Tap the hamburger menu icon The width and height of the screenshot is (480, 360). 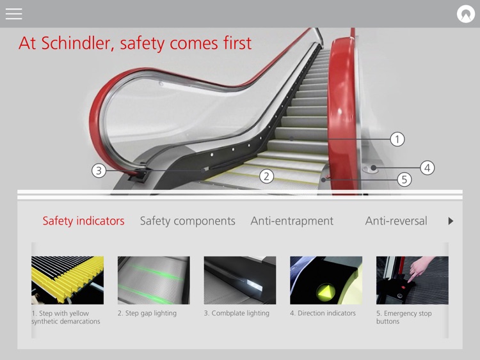(x=13, y=13)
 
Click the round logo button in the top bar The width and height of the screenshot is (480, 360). (x=465, y=13)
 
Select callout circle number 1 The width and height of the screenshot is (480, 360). (x=397, y=139)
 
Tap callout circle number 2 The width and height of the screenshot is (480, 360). (x=267, y=176)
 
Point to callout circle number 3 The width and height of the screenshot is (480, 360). (x=98, y=171)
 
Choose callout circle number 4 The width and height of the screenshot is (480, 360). (x=427, y=168)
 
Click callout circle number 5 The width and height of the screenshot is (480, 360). (x=404, y=180)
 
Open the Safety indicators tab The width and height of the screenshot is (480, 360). (x=83, y=221)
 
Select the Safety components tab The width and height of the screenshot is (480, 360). (x=188, y=221)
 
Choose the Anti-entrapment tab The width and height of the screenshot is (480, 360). (x=292, y=221)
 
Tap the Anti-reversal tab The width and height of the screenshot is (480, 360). (x=396, y=221)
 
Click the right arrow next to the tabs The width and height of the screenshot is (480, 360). (x=451, y=221)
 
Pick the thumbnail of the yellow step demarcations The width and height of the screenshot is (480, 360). (x=67, y=280)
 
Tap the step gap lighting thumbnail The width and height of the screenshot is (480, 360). (x=154, y=280)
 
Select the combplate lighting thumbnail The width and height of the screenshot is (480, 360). (x=240, y=280)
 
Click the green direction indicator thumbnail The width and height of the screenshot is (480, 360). (x=326, y=280)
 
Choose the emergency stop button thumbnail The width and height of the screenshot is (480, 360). (x=412, y=280)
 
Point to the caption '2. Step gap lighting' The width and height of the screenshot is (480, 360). (x=147, y=313)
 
